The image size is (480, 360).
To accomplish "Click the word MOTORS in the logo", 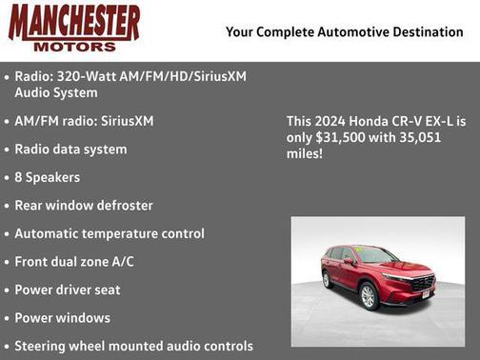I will (x=74, y=45).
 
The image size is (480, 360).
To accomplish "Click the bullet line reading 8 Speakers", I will (x=48, y=178).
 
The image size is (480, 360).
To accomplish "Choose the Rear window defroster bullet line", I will (x=84, y=206).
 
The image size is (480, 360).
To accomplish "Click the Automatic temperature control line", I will (x=110, y=233).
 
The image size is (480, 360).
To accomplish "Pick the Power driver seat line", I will (x=68, y=290).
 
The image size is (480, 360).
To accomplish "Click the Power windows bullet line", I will (x=63, y=318).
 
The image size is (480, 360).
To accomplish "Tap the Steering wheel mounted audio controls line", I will (x=133, y=346).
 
